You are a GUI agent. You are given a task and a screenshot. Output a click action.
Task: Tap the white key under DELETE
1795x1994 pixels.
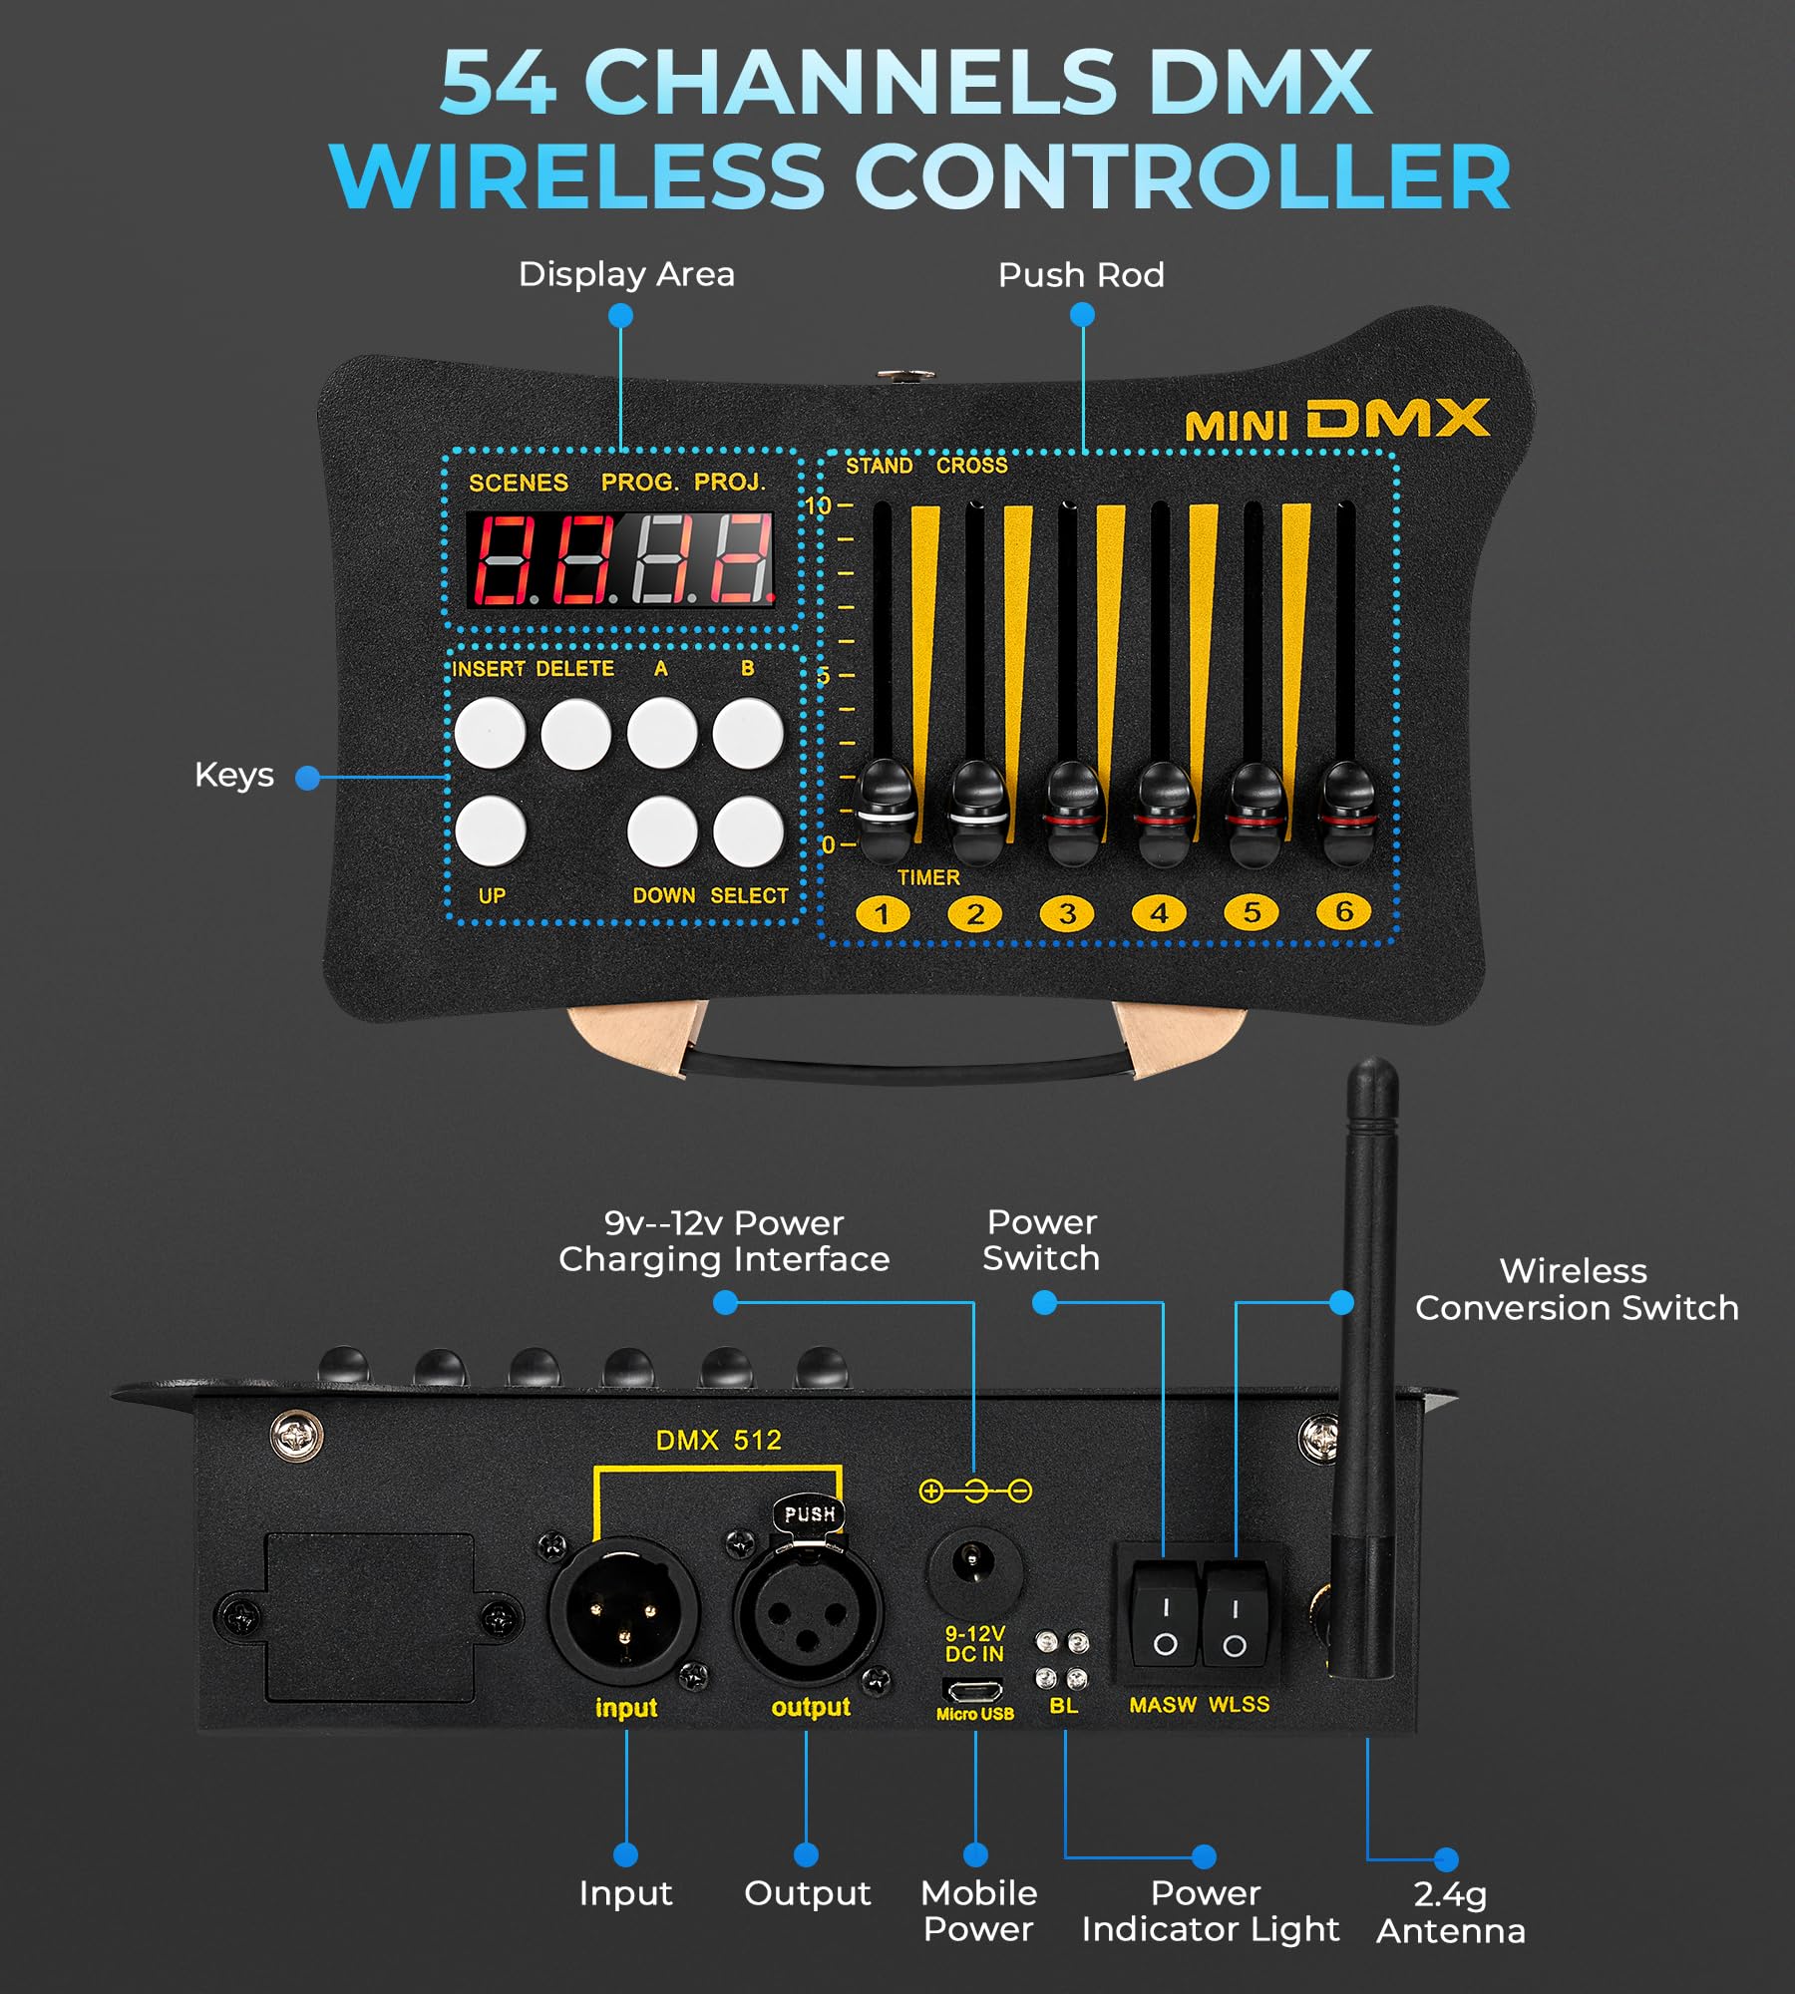[x=575, y=734]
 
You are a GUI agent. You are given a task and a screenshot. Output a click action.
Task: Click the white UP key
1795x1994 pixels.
[x=490, y=831]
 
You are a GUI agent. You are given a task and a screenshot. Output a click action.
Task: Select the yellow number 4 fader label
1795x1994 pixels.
[x=1159, y=912]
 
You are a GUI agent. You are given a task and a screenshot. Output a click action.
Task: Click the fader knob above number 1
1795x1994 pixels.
[x=886, y=808]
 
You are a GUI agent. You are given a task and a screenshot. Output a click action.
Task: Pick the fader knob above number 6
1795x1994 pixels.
[x=1347, y=810]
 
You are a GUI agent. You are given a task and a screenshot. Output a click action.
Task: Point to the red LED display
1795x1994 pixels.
[x=620, y=559]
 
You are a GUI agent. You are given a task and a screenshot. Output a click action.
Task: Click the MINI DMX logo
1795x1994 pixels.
[x=1336, y=421]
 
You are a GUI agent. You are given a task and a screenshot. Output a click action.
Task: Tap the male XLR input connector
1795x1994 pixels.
[x=623, y=1610]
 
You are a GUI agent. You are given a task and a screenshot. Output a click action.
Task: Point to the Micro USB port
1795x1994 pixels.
[x=973, y=1691]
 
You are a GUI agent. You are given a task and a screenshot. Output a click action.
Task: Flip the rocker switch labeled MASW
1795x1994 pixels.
[x=1165, y=1615]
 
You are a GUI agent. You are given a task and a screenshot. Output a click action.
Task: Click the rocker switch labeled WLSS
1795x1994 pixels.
[x=1235, y=1615]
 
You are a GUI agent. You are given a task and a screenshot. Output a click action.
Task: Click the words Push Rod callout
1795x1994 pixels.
[x=1081, y=275]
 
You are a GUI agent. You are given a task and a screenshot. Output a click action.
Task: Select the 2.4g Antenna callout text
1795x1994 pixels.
[x=1451, y=1912]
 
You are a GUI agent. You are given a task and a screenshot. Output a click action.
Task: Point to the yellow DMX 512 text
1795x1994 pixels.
[x=718, y=1440]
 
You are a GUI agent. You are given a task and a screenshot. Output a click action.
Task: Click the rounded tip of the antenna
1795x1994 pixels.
[x=1372, y=1082]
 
